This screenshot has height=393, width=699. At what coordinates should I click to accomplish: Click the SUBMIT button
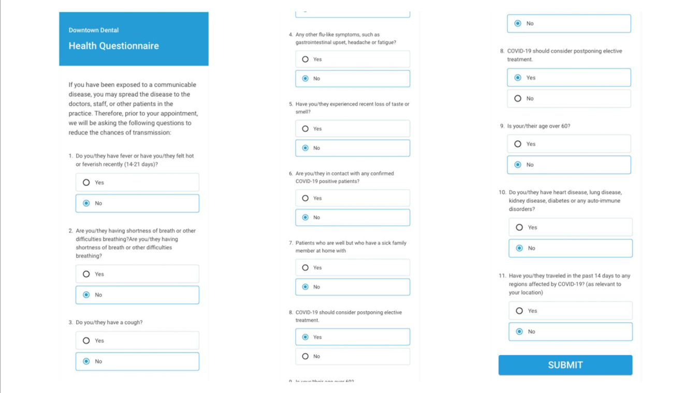pyautogui.click(x=565, y=365)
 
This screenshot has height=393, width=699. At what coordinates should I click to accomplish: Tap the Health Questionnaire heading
pyautogui.click(x=113, y=46)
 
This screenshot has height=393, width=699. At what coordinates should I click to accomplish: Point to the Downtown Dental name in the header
pyautogui.click(x=94, y=30)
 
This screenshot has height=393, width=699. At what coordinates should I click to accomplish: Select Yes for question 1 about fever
pyautogui.click(x=86, y=183)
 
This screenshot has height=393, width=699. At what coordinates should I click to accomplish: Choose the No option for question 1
pyautogui.click(x=86, y=203)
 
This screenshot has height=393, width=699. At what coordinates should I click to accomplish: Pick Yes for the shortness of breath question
pyautogui.click(x=86, y=274)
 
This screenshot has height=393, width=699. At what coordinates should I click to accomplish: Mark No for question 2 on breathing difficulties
pyautogui.click(x=86, y=295)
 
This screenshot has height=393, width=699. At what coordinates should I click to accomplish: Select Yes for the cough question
pyautogui.click(x=86, y=341)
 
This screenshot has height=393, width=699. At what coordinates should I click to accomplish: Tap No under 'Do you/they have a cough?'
pyautogui.click(x=86, y=361)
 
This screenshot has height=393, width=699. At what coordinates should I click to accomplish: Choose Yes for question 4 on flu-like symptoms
pyautogui.click(x=305, y=60)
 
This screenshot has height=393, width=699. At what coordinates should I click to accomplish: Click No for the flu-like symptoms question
pyautogui.click(x=305, y=79)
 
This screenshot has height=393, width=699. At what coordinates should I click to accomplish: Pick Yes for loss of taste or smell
pyautogui.click(x=305, y=129)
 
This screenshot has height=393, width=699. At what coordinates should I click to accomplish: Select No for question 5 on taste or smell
pyautogui.click(x=305, y=148)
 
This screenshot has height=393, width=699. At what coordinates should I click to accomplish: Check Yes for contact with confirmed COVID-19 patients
pyautogui.click(x=305, y=198)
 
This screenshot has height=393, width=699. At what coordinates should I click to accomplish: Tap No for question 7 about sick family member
pyautogui.click(x=305, y=287)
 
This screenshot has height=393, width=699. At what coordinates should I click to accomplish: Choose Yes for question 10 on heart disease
pyautogui.click(x=519, y=227)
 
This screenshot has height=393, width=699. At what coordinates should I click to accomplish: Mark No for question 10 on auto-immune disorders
pyautogui.click(x=519, y=249)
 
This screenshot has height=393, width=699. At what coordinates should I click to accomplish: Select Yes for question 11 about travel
pyautogui.click(x=519, y=311)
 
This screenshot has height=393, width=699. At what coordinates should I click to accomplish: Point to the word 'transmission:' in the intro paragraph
pyautogui.click(x=152, y=133)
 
